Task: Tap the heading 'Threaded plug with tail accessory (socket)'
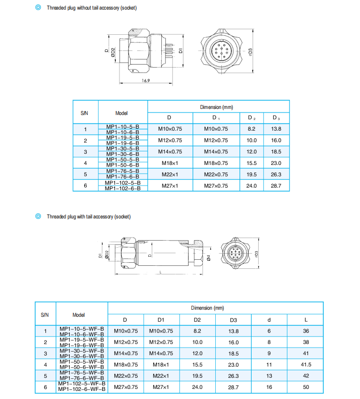tap(88, 217)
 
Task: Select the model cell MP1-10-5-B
tap(123, 126)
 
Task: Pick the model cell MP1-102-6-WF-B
tap(82, 389)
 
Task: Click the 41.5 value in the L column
tap(306, 364)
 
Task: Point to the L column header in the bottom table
tap(306, 320)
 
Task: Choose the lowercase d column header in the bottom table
tap(269, 320)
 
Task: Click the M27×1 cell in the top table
tap(170, 186)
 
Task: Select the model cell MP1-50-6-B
tap(123, 165)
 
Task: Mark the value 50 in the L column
tap(306, 387)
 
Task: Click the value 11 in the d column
tap(269, 364)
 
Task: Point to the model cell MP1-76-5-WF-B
tap(82, 373)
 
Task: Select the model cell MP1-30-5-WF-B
tap(82, 351)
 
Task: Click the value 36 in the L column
tap(306, 331)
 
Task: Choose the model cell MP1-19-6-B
tap(123, 143)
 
